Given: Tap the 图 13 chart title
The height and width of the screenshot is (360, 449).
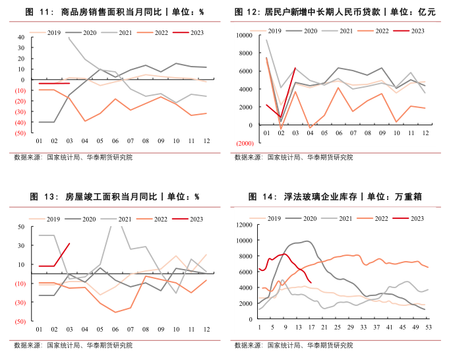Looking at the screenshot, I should click(114, 196).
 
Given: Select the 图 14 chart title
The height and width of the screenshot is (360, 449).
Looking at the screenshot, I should click(336, 196).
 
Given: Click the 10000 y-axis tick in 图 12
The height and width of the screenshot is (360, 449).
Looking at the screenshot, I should click(243, 35).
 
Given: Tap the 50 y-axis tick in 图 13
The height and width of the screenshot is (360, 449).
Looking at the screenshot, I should click(20, 227).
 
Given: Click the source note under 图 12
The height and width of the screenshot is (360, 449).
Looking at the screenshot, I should click(293, 158).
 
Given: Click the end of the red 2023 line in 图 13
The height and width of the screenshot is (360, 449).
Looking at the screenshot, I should click(69, 243).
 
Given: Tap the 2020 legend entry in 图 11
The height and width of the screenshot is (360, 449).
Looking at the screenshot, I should click(89, 31).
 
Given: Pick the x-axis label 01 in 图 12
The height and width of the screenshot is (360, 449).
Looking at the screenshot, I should click(266, 134).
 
